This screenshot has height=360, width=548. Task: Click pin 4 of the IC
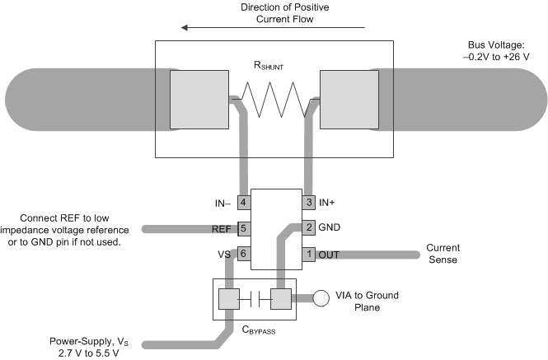(x=244, y=202)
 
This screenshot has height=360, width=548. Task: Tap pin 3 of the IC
(x=309, y=202)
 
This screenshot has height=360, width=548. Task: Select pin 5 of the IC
(x=244, y=228)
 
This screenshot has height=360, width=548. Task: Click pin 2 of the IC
(x=309, y=227)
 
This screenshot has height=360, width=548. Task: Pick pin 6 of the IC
(x=244, y=255)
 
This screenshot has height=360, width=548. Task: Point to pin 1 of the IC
(x=309, y=255)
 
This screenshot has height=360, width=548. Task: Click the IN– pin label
(x=224, y=202)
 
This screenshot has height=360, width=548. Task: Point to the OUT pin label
(x=330, y=255)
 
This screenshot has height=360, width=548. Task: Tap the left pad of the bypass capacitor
(x=227, y=297)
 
